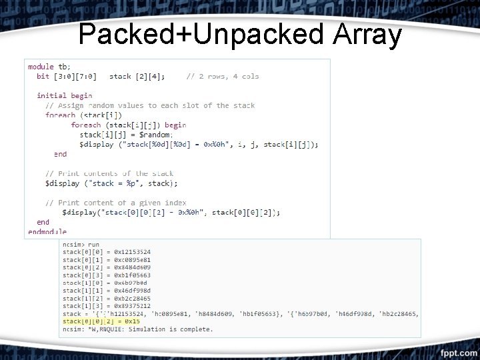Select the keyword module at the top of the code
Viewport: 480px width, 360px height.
(x=41, y=67)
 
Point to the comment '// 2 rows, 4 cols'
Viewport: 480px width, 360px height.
(x=223, y=76)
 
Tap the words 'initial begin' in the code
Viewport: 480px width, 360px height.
(x=64, y=95)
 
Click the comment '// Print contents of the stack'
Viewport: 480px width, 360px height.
(x=109, y=173)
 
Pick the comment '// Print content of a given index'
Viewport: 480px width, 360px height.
(x=115, y=203)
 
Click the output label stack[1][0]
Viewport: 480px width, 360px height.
(x=81, y=282)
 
